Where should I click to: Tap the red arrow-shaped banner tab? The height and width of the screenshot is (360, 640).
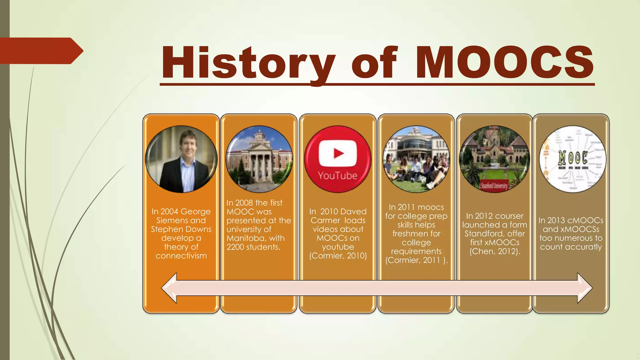tap(41, 51)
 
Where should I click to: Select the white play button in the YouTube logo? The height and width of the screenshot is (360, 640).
tap(338, 153)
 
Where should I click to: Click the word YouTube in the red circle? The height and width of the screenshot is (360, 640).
tap(337, 176)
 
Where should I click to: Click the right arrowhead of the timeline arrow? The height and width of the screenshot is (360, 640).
tap(584, 288)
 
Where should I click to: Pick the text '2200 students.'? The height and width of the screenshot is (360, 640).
tap(253, 247)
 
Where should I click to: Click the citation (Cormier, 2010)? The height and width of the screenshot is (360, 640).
tap(338, 256)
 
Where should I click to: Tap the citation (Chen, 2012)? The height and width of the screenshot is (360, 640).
tap(495, 252)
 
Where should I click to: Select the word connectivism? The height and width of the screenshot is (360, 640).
tap(181, 256)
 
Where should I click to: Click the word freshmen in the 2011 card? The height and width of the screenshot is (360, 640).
tap(416, 234)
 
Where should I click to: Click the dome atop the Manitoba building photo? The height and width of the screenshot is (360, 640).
tap(259, 134)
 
